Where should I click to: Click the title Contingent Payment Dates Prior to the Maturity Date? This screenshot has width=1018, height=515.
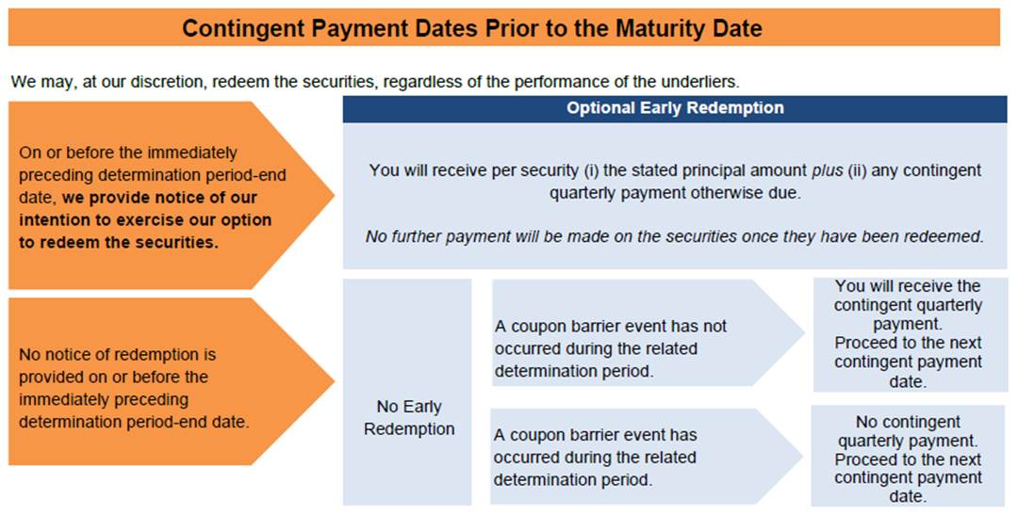click(x=472, y=28)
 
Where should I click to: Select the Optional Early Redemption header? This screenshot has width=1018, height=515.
click(x=675, y=108)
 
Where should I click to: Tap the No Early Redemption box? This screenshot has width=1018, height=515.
click(x=407, y=392)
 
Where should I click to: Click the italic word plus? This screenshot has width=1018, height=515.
click(x=828, y=170)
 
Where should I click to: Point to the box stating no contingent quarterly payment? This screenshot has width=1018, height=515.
click(x=908, y=456)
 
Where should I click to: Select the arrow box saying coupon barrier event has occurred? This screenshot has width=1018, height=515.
click(x=647, y=457)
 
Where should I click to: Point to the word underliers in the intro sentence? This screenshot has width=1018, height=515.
click(x=706, y=82)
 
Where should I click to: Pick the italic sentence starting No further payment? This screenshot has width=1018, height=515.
click(x=675, y=236)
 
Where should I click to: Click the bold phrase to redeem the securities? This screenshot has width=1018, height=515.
click(x=119, y=242)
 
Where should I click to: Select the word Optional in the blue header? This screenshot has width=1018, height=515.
click(x=596, y=107)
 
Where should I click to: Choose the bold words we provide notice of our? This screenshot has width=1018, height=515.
click(x=159, y=197)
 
